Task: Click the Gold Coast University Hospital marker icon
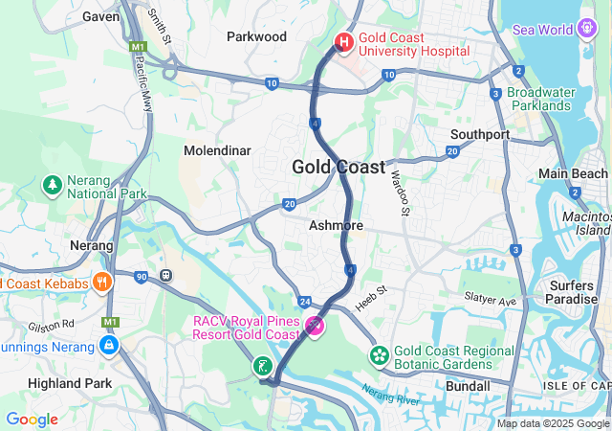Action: pyautogui.click(x=344, y=43)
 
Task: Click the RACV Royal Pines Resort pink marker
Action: pyautogui.click(x=313, y=328)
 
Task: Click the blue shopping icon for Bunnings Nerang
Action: pyautogui.click(x=109, y=345)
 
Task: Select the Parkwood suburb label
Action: pyautogui.click(x=256, y=36)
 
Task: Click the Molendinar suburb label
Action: pyautogui.click(x=217, y=150)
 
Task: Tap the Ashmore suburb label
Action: pyautogui.click(x=336, y=225)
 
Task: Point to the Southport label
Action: pyautogui.click(x=480, y=134)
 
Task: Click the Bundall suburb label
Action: pyautogui.click(x=469, y=386)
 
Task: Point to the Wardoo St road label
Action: pyautogui.click(x=399, y=192)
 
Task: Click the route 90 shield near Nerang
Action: pyautogui.click(x=141, y=277)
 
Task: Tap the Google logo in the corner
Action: pyautogui.click(x=32, y=420)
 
